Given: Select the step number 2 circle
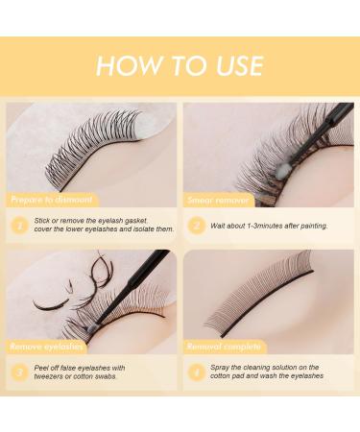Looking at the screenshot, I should [197, 227].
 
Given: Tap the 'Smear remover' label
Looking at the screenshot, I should [220, 200].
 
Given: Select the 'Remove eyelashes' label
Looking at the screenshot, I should [48, 344].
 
